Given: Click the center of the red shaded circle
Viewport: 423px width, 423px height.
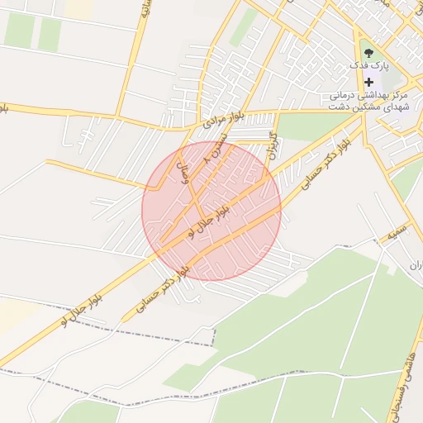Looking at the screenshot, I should pyautogui.click(x=211, y=211).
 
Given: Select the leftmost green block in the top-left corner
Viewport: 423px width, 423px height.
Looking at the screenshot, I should pyautogui.click(x=18, y=31).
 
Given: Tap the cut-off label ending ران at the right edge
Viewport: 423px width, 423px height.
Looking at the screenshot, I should pyautogui.click(x=416, y=265).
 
